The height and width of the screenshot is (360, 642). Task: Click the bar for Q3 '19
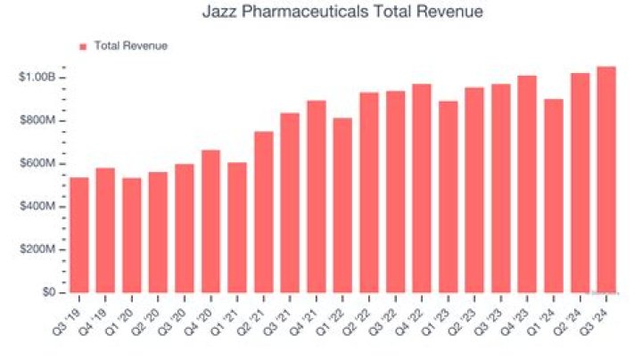(x=78, y=234)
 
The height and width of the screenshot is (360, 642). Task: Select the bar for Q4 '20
(x=210, y=221)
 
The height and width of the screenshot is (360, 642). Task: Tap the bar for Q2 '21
(x=263, y=212)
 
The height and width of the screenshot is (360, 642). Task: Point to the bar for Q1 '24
(x=554, y=195)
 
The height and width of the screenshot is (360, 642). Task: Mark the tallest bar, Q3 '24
(x=606, y=179)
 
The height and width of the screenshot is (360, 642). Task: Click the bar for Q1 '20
(x=131, y=234)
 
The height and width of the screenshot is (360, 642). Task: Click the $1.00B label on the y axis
(x=37, y=78)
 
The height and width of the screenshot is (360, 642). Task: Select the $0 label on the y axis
(x=50, y=292)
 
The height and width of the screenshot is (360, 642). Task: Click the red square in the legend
(x=83, y=46)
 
